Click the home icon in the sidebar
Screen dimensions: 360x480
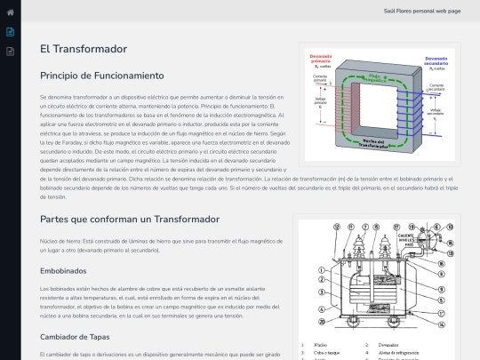pyautogui.click(x=10, y=12)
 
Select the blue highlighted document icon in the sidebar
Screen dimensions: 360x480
pyautogui.click(x=10, y=32)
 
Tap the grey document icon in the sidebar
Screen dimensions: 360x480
pyautogui.click(x=10, y=52)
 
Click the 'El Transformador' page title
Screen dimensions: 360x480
pyautogui.click(x=83, y=49)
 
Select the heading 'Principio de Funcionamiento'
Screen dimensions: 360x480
pyautogui.click(x=102, y=76)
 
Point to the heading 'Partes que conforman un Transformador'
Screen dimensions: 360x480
pyautogui.click(x=129, y=219)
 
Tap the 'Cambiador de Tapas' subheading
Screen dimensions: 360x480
pyautogui.click(x=75, y=336)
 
